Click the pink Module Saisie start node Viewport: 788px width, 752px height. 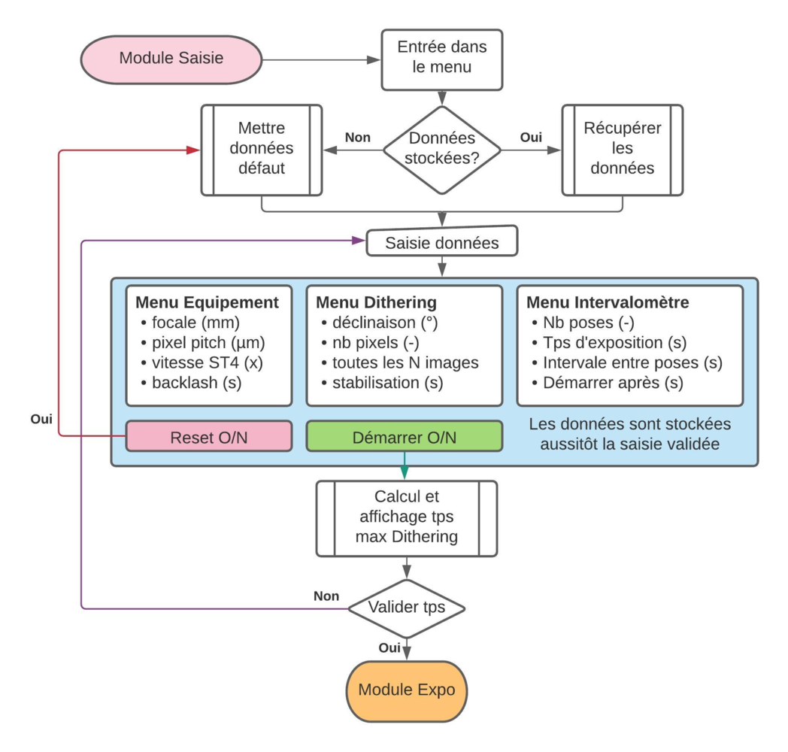coord(171,58)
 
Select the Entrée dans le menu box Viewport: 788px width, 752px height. coord(441,56)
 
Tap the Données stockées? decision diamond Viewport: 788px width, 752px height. coord(442,148)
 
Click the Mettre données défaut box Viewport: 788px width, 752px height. coord(261,148)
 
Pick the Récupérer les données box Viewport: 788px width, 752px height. coord(622,148)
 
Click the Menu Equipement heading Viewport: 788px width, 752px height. coord(207,302)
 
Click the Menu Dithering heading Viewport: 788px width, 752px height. coord(376,302)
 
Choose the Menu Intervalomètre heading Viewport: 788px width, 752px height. coord(608,302)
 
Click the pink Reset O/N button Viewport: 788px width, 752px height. coord(208,437)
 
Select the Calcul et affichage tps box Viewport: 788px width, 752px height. coord(406,517)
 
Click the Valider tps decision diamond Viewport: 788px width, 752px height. coord(406,608)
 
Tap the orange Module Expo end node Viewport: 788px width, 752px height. coord(406,690)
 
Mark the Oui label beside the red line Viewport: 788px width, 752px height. coord(41,419)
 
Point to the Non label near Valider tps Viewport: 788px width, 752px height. coord(326,596)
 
